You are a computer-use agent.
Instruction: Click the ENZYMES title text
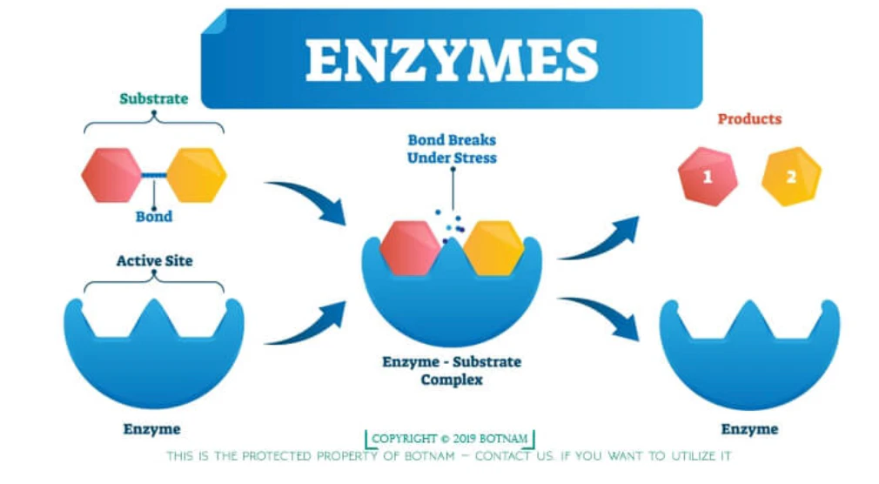point(452,61)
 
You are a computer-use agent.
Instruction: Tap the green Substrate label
point(153,98)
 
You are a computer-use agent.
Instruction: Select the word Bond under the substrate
point(153,217)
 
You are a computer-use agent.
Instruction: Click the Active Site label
point(154,261)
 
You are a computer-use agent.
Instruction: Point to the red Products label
point(749,119)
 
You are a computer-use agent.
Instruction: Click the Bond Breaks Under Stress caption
point(452,149)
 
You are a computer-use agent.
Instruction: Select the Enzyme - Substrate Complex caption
point(452,371)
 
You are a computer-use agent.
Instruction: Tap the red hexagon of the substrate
point(111,175)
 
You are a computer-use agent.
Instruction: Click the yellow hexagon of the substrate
point(197,175)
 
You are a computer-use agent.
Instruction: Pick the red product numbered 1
point(708,177)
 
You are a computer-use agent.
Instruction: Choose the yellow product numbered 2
point(791,177)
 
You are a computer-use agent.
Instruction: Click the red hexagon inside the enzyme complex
point(410,248)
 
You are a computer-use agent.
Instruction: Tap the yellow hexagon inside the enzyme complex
point(493,248)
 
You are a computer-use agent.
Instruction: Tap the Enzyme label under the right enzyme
point(749,430)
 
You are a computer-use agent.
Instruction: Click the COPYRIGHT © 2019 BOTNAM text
point(450,439)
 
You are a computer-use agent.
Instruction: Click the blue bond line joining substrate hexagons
point(154,176)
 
